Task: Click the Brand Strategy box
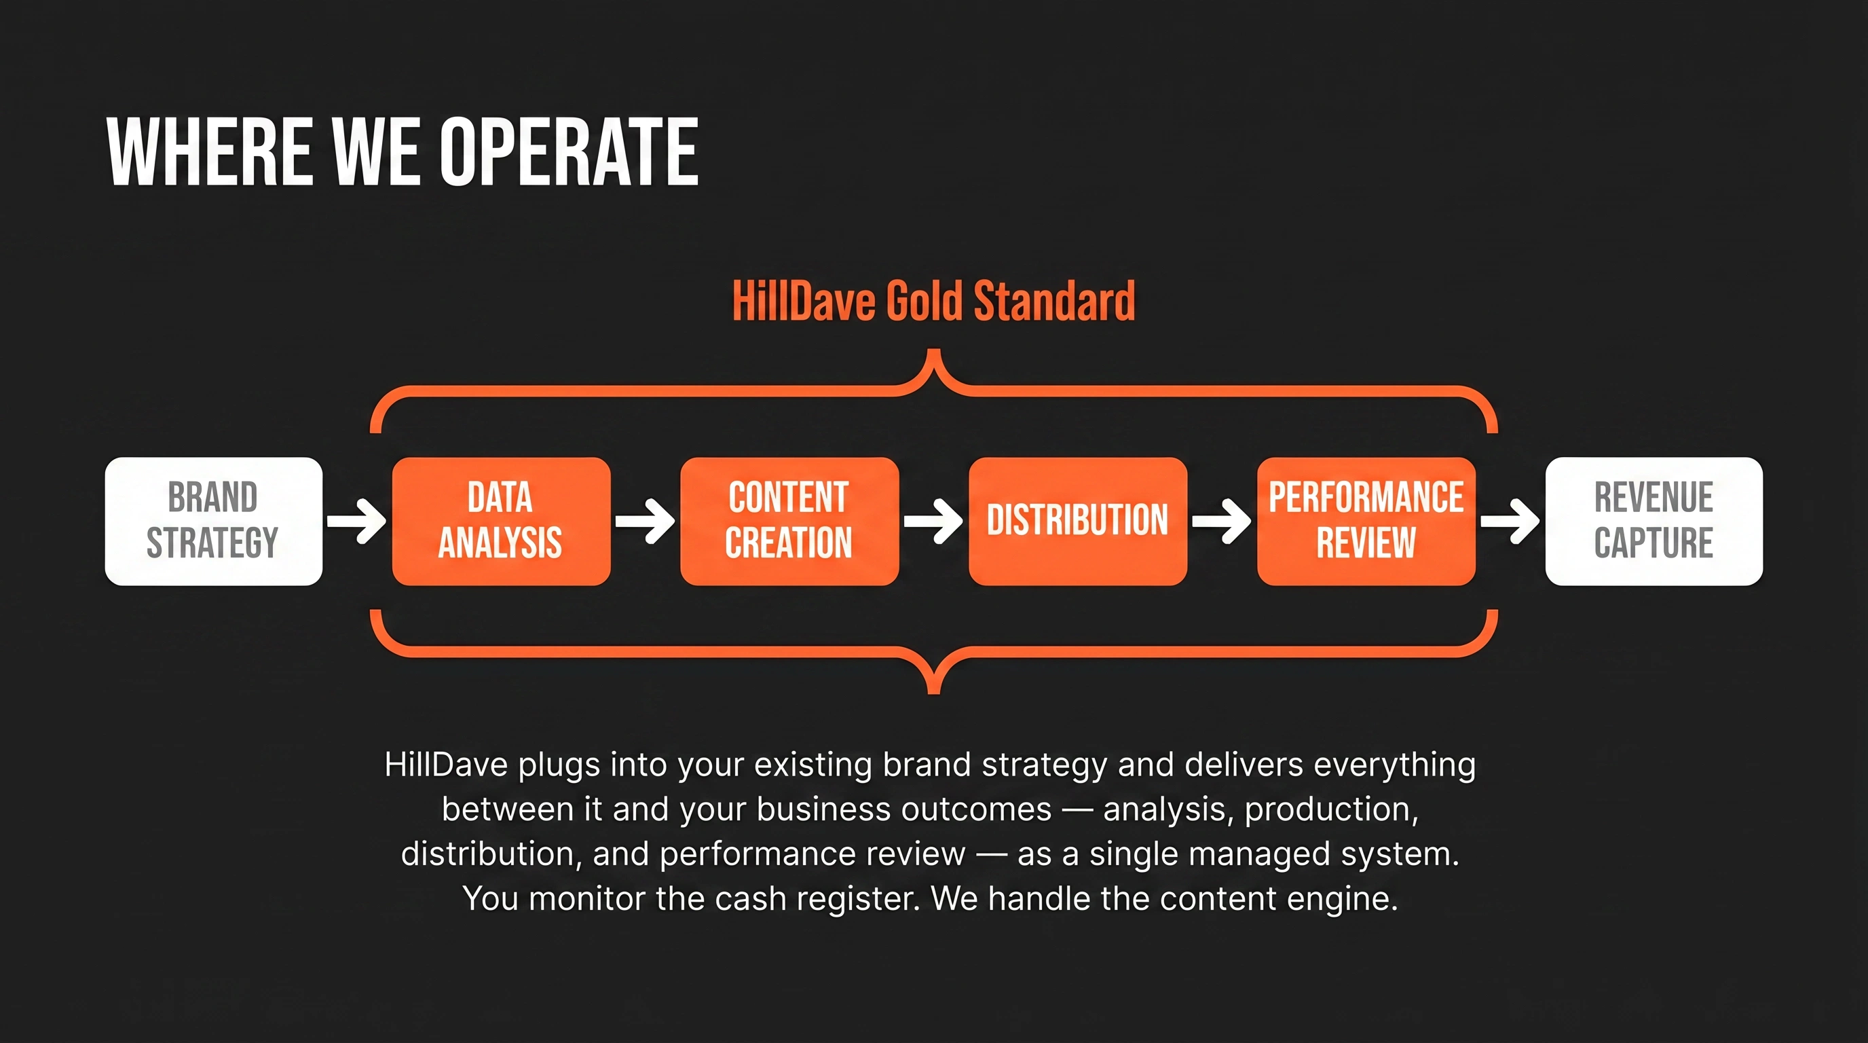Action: point(214,521)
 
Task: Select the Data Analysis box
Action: point(501,521)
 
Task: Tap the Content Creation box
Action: point(789,521)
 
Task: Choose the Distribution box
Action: point(1078,521)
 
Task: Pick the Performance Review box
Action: point(1366,521)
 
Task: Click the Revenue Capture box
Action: point(1654,521)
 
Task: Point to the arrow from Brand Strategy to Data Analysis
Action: point(357,521)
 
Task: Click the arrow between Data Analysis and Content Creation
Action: point(646,521)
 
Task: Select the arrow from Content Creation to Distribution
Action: point(933,521)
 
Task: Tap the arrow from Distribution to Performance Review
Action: point(1222,521)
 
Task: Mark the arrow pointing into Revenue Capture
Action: point(1510,521)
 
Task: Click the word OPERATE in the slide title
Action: point(569,151)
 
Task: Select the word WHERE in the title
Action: point(210,151)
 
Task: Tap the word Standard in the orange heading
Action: point(1054,301)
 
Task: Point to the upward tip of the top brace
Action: point(934,352)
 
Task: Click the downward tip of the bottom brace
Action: point(934,692)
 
